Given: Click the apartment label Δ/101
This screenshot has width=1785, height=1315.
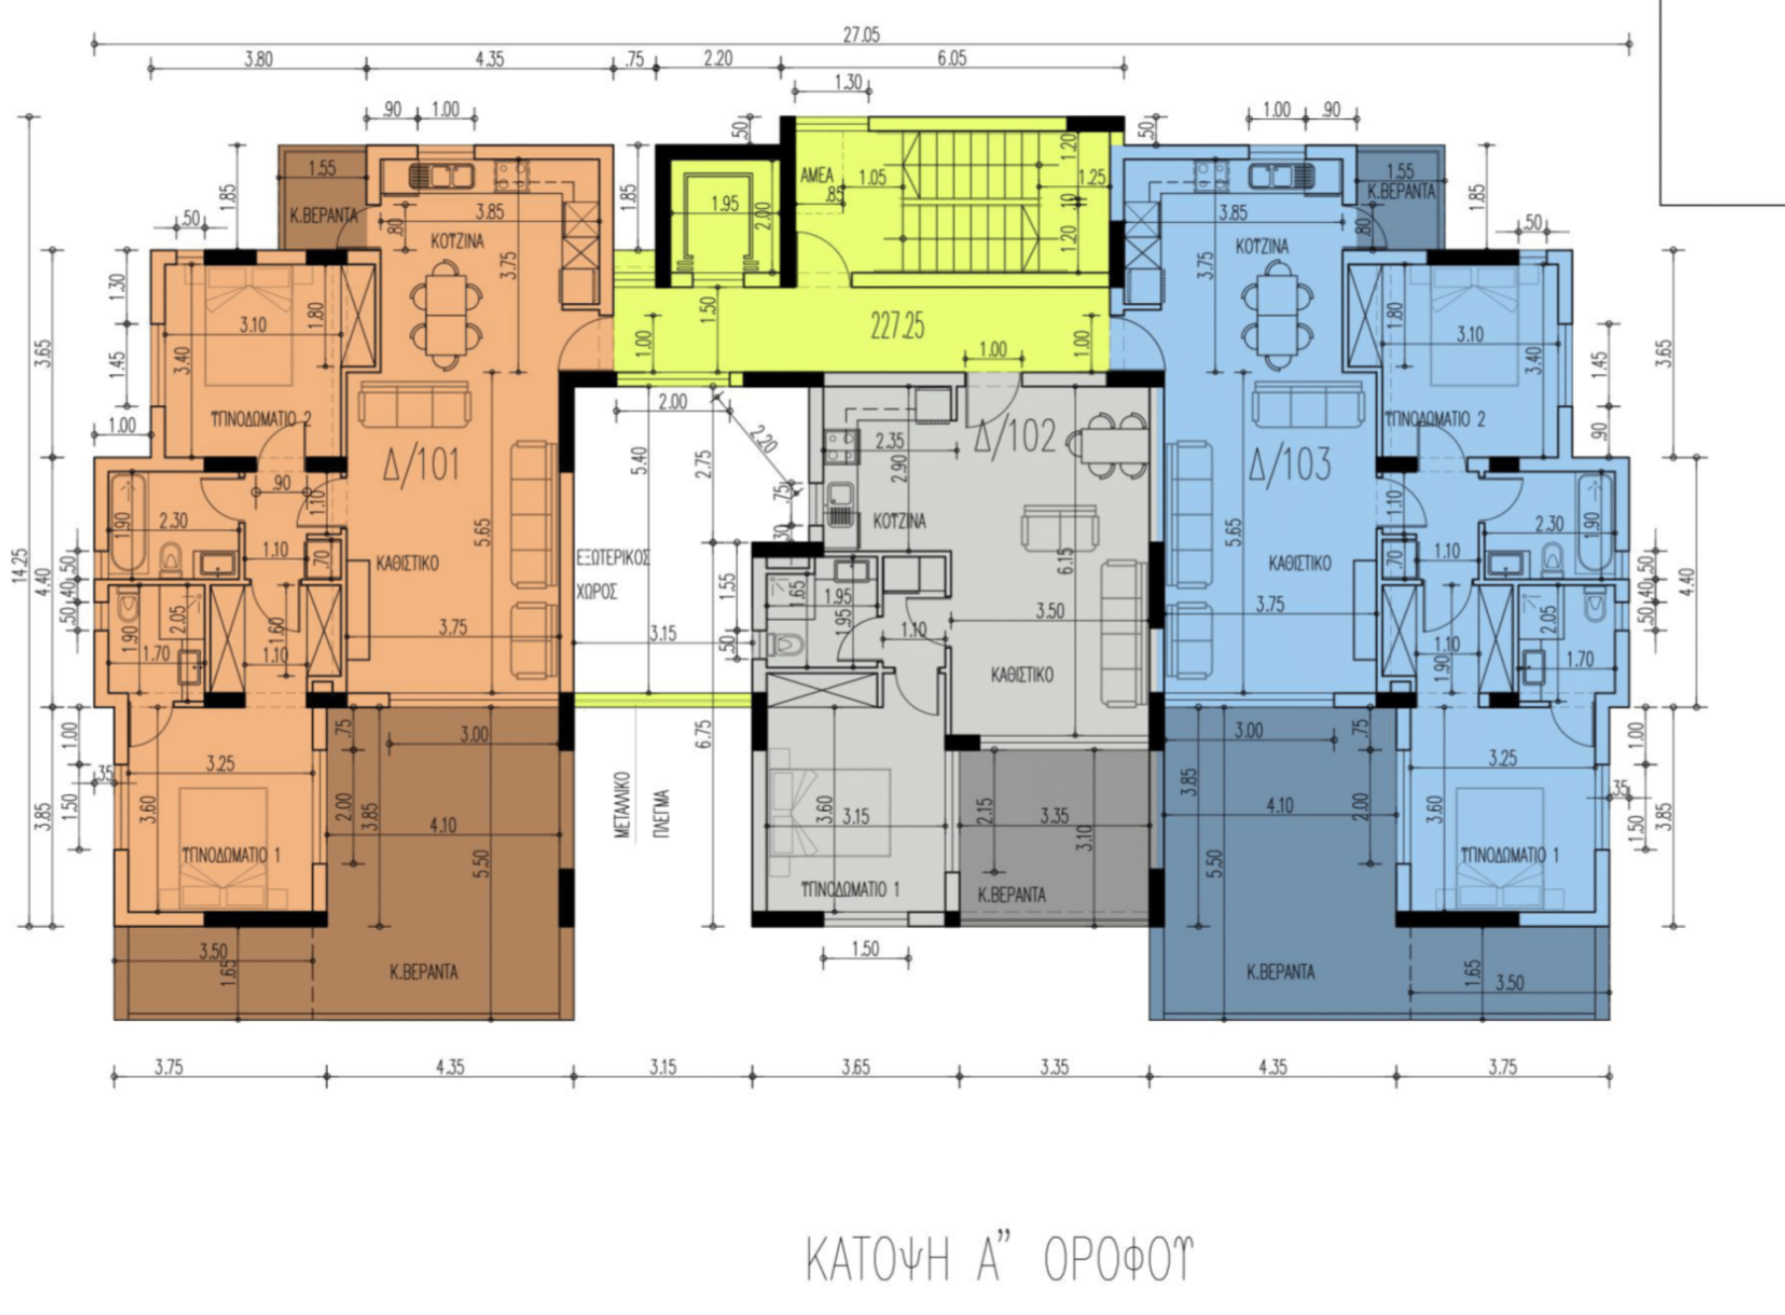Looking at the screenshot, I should click(422, 463).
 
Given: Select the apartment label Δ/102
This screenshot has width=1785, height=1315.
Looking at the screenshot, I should click(1015, 436).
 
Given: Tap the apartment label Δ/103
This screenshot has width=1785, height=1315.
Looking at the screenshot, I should click(1289, 463).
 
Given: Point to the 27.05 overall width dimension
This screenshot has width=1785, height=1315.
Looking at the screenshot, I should click(861, 35).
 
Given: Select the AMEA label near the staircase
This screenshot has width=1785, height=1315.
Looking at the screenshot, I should click(817, 175).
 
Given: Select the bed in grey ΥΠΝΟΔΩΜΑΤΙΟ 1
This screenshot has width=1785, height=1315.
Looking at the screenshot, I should click(830, 812).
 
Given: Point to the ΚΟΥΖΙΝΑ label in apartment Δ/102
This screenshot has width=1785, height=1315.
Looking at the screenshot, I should click(899, 521).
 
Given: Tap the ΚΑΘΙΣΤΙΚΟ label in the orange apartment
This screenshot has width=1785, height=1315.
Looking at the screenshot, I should click(407, 563).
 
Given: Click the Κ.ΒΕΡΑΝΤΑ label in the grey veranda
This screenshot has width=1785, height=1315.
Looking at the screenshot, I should click(1011, 894).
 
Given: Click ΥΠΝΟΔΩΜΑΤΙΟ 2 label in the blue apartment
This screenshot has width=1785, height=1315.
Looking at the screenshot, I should click(1434, 419).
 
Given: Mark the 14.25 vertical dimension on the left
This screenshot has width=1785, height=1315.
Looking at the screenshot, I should click(21, 566).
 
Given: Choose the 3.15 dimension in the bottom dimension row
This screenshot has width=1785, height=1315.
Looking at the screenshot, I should click(663, 1066).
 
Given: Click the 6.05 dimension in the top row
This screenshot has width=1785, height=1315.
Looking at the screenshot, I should click(951, 58).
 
